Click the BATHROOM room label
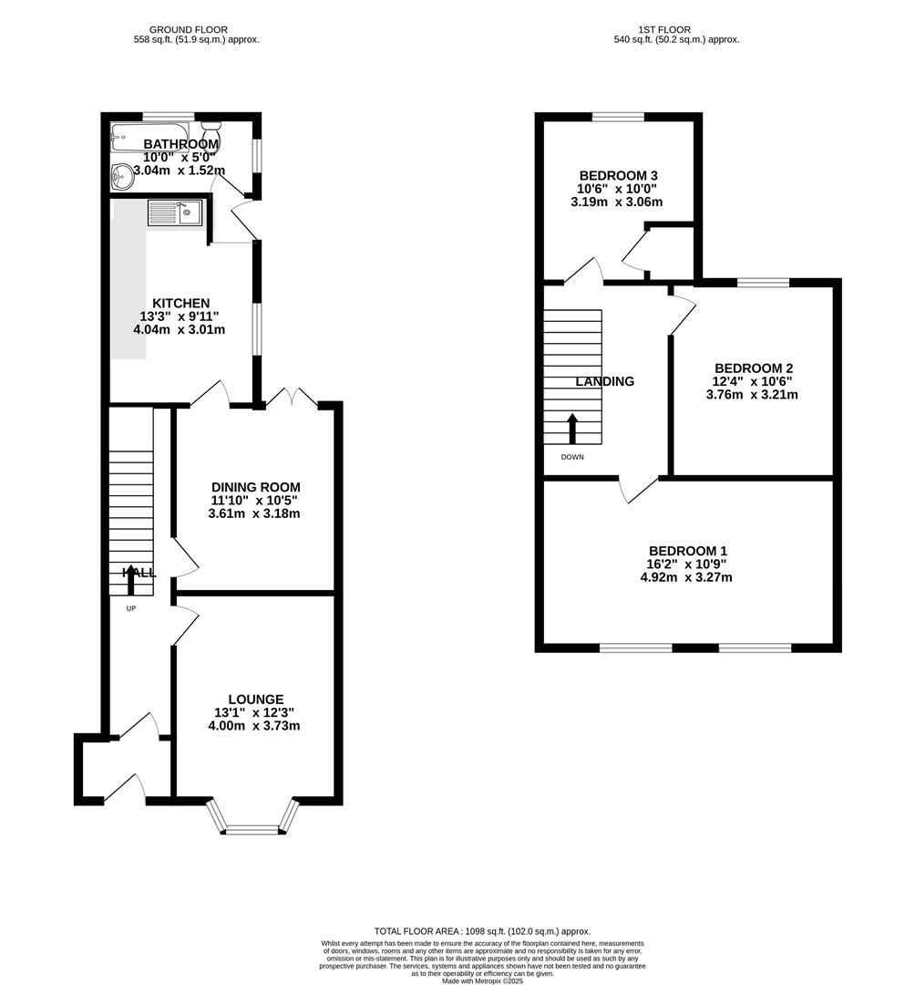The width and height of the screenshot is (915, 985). click(x=180, y=144)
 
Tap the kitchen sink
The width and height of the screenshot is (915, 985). click(x=175, y=213)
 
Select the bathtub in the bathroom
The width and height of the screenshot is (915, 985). click(x=149, y=137)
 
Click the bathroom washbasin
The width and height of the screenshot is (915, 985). click(x=121, y=176)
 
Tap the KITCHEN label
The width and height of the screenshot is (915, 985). click(x=180, y=303)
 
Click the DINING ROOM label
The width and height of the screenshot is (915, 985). click(x=255, y=487)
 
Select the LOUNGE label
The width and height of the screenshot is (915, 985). click(x=255, y=700)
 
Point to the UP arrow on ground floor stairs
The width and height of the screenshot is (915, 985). click(x=132, y=580)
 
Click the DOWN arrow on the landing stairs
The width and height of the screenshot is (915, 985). click(x=572, y=429)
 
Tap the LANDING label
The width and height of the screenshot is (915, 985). click(x=604, y=381)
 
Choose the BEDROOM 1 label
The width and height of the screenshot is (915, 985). click(x=687, y=551)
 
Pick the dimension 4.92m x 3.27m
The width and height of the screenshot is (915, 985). click(x=687, y=577)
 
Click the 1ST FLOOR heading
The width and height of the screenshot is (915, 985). click(x=675, y=30)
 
